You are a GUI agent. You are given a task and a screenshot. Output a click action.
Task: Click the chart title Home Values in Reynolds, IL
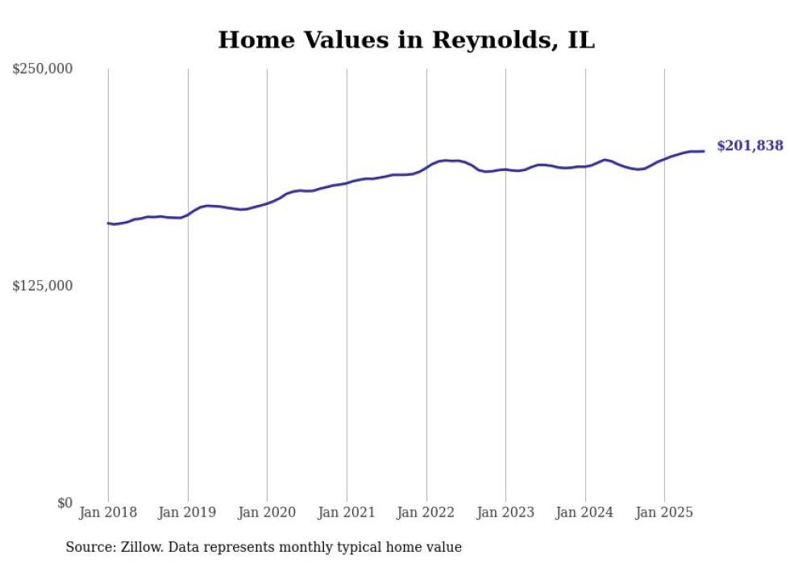(406, 40)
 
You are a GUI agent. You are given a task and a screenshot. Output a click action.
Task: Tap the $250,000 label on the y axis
(43, 69)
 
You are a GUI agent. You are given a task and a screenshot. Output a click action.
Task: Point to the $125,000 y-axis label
(43, 286)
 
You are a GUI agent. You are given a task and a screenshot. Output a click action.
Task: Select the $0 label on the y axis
(64, 503)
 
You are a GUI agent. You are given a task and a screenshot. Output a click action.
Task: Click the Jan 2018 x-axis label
(108, 512)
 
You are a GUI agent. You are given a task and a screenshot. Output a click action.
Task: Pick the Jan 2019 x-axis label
(188, 512)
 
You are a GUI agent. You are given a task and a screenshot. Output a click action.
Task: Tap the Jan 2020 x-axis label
(267, 512)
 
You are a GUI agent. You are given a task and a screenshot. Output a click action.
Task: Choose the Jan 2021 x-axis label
(347, 512)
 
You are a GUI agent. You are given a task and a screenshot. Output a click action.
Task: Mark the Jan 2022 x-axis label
(426, 512)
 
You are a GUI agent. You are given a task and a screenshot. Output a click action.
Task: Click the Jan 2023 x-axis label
(505, 512)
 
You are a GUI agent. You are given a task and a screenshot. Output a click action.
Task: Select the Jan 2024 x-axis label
(584, 512)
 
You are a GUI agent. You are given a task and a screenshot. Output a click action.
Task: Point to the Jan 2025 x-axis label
(664, 512)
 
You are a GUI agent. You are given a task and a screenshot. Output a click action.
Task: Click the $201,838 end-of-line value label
(750, 146)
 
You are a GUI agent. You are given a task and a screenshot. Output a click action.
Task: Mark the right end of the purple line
(704, 151)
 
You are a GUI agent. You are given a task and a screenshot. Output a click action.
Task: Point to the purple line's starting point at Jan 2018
(108, 223)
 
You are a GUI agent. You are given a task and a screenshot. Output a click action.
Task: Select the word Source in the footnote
(89, 547)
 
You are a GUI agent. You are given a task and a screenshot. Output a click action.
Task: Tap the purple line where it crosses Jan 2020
(268, 203)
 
